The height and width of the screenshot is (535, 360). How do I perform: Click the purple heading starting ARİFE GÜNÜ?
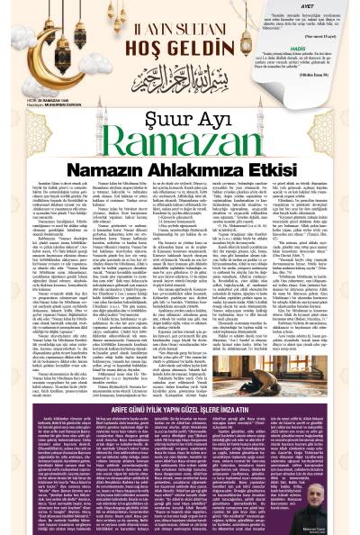[x=180, y=413]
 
